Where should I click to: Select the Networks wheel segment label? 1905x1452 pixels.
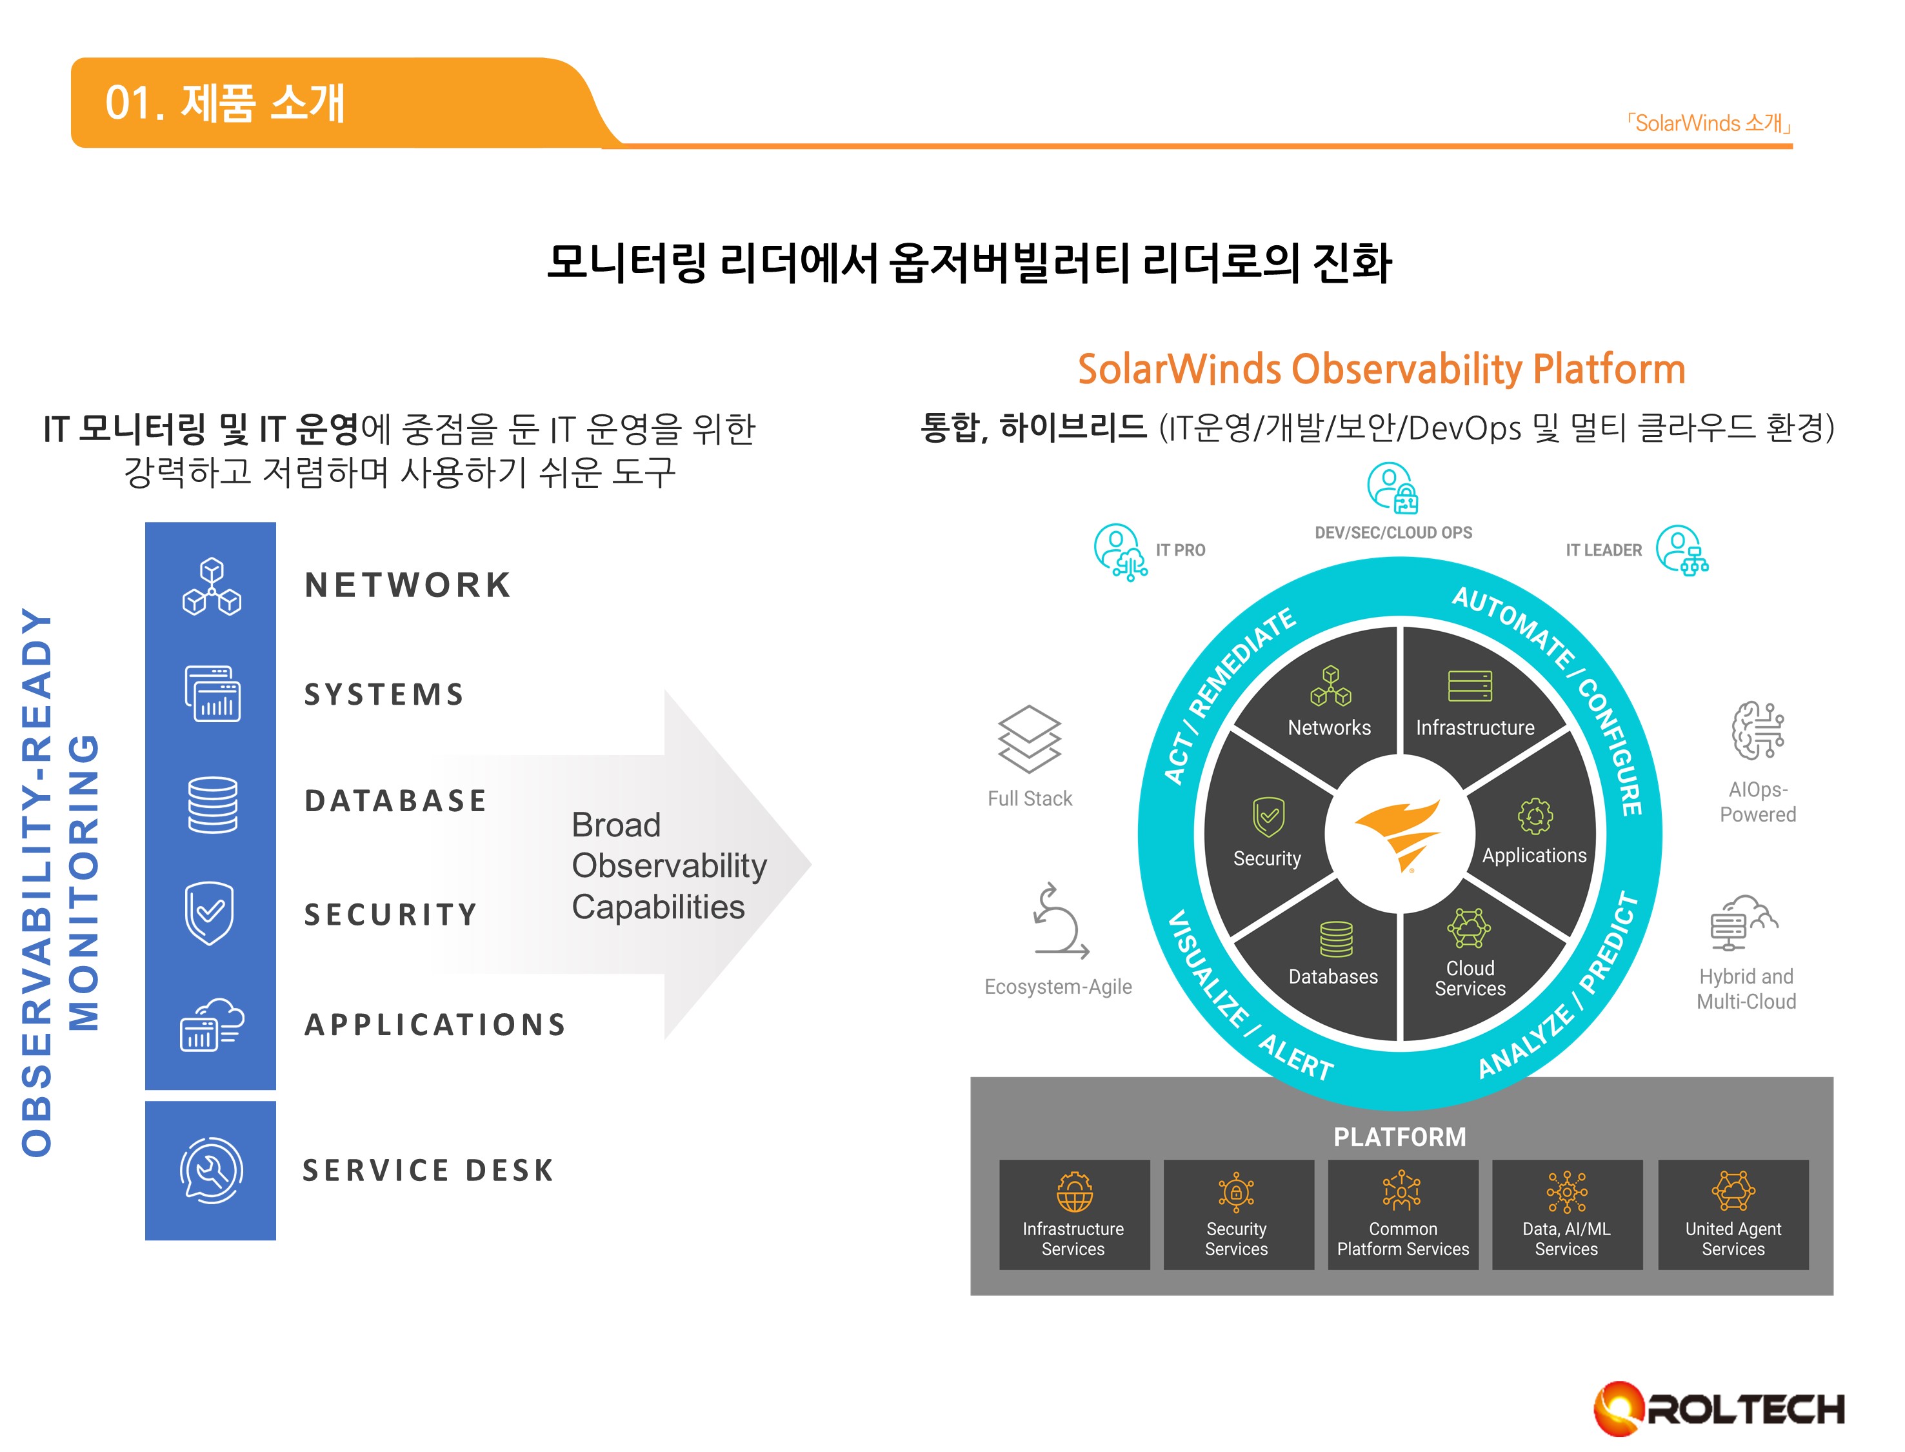click(x=1329, y=728)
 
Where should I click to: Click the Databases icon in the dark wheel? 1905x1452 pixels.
click(x=1335, y=938)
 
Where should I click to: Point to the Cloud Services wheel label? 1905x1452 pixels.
click(x=1470, y=978)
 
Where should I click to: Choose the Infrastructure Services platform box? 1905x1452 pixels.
click(x=1074, y=1215)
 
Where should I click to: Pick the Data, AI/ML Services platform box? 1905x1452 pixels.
click(x=1566, y=1215)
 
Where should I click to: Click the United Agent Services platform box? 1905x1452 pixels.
click(x=1732, y=1215)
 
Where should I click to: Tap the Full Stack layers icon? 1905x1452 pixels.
click(x=1029, y=738)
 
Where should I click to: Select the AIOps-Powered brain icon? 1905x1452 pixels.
click(x=1757, y=731)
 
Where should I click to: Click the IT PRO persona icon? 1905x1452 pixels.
click(x=1120, y=550)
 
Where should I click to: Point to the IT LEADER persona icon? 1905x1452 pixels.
click(x=1681, y=550)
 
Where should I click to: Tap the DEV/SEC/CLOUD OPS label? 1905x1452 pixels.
click(x=1393, y=532)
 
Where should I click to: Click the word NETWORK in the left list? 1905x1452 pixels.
click(x=408, y=585)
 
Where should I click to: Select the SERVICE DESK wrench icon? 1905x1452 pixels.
click(x=211, y=1170)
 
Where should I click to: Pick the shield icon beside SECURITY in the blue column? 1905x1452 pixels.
click(x=209, y=913)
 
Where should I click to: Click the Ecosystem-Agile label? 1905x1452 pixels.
click(x=1057, y=986)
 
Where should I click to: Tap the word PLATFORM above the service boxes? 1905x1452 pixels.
click(x=1400, y=1136)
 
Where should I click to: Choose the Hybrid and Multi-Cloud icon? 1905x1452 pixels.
click(x=1744, y=922)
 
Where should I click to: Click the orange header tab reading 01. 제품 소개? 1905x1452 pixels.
click(x=224, y=103)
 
